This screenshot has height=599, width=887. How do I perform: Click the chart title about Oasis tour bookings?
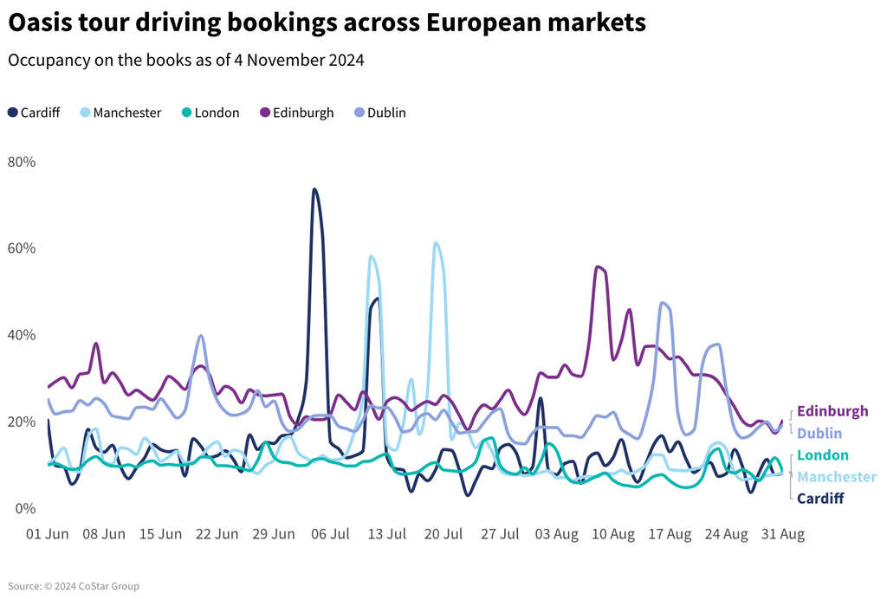pos(327,23)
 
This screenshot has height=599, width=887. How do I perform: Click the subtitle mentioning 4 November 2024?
pos(185,61)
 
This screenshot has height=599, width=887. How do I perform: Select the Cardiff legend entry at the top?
pos(34,113)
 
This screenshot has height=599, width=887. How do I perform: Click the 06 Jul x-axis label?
pos(330,534)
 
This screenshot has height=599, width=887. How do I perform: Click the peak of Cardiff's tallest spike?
pos(314,189)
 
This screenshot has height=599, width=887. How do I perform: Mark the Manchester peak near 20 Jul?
pos(436,243)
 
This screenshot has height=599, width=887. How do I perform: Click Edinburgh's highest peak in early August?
pos(598,267)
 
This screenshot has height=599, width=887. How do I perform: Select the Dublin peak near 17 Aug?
pos(663,302)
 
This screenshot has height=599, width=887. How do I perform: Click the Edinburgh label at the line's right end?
pos(832,411)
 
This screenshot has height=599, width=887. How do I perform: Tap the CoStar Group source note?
pos(74,586)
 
